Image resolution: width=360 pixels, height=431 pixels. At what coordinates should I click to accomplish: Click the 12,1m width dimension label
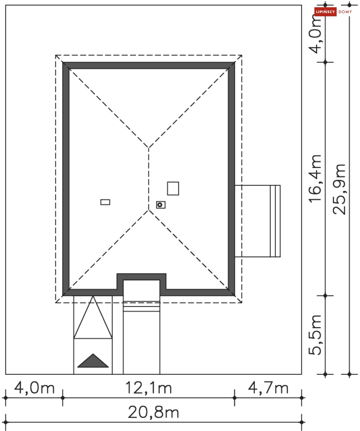point(149,388)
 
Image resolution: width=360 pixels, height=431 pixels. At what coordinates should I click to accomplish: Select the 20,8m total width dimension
point(153,412)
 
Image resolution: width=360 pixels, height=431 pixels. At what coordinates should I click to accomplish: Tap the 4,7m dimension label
point(268,388)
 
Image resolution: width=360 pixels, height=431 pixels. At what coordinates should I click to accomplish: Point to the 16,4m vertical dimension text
point(315,179)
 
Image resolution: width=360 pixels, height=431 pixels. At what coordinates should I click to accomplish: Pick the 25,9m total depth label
point(339,189)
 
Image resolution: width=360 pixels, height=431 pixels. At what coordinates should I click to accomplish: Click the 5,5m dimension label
point(315,335)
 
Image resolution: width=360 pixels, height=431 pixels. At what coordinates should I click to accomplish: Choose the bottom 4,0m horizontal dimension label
point(34,388)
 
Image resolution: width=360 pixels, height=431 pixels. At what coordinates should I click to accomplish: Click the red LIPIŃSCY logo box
point(325,12)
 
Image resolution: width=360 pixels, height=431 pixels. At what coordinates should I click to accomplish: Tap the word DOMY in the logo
point(345,12)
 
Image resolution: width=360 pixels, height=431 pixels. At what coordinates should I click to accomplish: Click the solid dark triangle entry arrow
point(93,361)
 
